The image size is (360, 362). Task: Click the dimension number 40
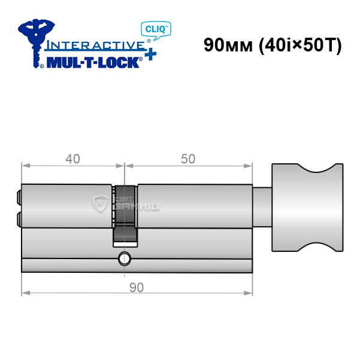coord(73,159)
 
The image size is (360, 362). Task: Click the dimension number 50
coord(188,159)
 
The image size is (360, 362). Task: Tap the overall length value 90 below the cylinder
coord(137,287)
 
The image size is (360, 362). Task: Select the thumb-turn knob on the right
coord(307,208)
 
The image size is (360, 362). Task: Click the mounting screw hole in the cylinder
coord(125,259)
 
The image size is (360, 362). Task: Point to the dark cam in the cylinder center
coord(125,215)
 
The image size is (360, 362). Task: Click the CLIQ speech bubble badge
coord(156,30)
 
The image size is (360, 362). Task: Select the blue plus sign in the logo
coord(151,55)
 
